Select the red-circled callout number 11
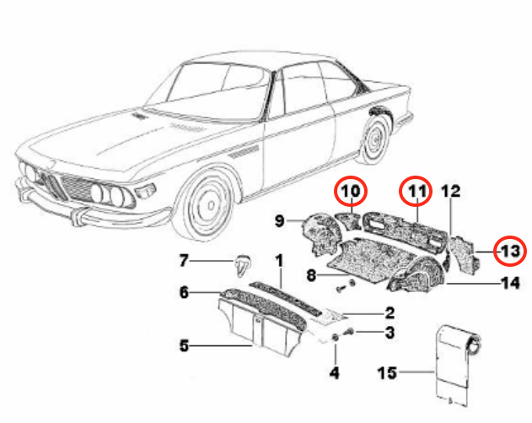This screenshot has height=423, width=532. [x=414, y=193]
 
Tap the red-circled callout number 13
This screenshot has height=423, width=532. [x=508, y=251]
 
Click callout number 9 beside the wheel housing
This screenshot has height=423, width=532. [x=280, y=221]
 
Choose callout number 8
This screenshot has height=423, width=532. [x=310, y=274]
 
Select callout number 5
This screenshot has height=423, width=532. [x=183, y=344]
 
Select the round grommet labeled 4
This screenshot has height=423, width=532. [x=335, y=339]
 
